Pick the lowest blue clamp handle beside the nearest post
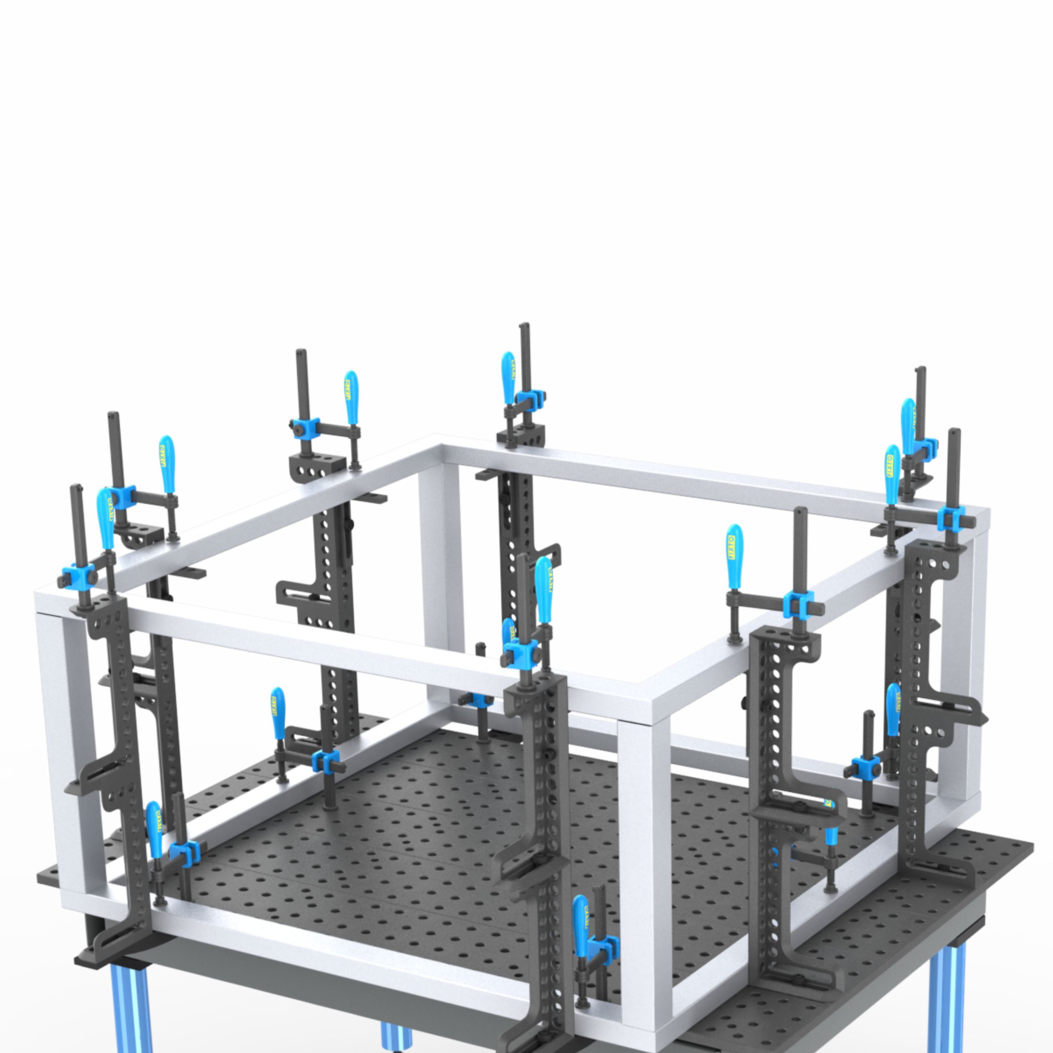pos(581,921)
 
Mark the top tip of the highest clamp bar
pos(524,326)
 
